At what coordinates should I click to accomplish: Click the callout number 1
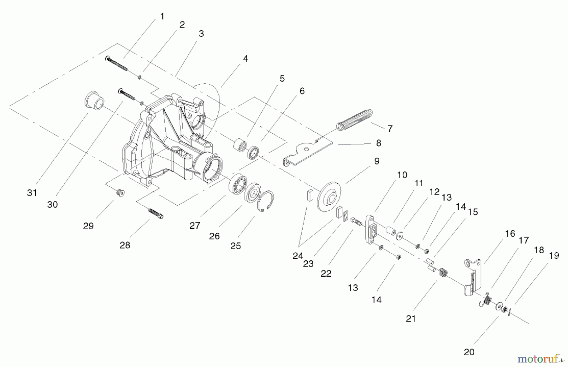162,16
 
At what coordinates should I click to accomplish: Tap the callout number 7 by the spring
390,129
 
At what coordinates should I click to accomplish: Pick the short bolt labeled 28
156,213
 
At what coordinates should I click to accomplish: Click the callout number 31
32,193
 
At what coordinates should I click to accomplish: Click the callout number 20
469,352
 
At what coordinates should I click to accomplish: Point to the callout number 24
298,256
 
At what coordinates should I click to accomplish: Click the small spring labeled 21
443,273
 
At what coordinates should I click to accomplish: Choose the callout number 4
245,59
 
